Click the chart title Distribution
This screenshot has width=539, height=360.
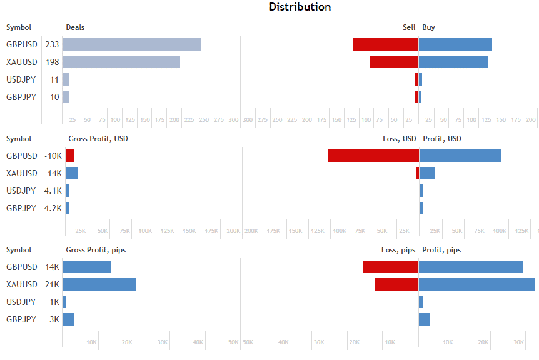pos(300,7)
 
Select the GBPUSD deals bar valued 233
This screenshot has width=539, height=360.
pos(131,44)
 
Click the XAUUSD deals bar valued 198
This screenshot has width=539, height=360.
pos(121,62)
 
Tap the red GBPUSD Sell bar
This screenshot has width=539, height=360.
pos(385,44)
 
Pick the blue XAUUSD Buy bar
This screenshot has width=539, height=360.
pos(453,62)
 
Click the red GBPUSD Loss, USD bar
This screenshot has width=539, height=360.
pos(373,156)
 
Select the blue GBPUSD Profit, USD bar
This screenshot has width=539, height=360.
pos(460,156)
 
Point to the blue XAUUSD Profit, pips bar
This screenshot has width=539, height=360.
pos(477,284)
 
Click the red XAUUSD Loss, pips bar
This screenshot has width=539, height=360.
pos(396,284)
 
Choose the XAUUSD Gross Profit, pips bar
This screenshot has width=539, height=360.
pos(99,284)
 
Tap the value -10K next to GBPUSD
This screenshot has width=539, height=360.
pos(53,156)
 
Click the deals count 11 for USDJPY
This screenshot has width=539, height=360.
pos(54,79)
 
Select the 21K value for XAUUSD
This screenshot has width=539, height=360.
pos(53,284)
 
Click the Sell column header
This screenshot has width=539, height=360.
pos(408,27)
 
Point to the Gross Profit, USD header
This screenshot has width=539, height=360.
pos(98,139)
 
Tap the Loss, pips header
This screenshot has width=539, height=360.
pos(398,250)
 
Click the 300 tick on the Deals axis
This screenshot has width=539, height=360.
pos(233,119)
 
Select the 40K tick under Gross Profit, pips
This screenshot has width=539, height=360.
pos(198,342)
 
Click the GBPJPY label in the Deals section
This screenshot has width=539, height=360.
pos(21,97)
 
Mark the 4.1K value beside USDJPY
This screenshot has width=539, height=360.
pos(53,191)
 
